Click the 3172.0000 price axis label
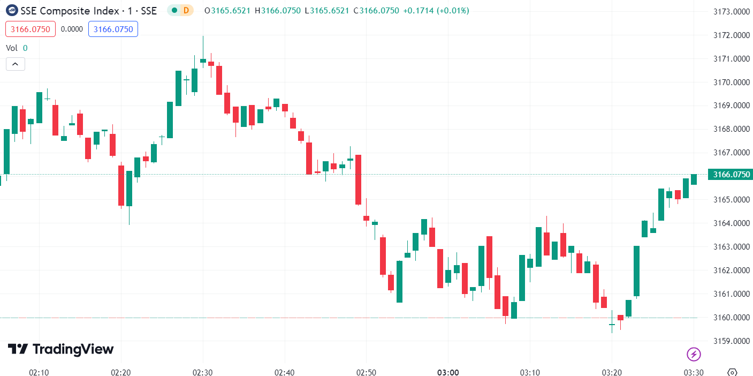[732, 35]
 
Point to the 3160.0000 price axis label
[732, 318]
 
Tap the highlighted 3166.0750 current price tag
[731, 174]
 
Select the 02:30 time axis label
[203, 372]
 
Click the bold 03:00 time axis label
[447, 372]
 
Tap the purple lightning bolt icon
[694, 354]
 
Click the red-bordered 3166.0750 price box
[31, 29]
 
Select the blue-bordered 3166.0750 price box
[113, 29]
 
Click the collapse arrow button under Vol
[15, 64]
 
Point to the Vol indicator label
[11, 48]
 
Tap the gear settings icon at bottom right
[733, 372]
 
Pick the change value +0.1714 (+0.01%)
[435, 10]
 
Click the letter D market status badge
[186, 10]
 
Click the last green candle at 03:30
[694, 179]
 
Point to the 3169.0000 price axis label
[732, 106]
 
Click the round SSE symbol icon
[11, 10]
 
